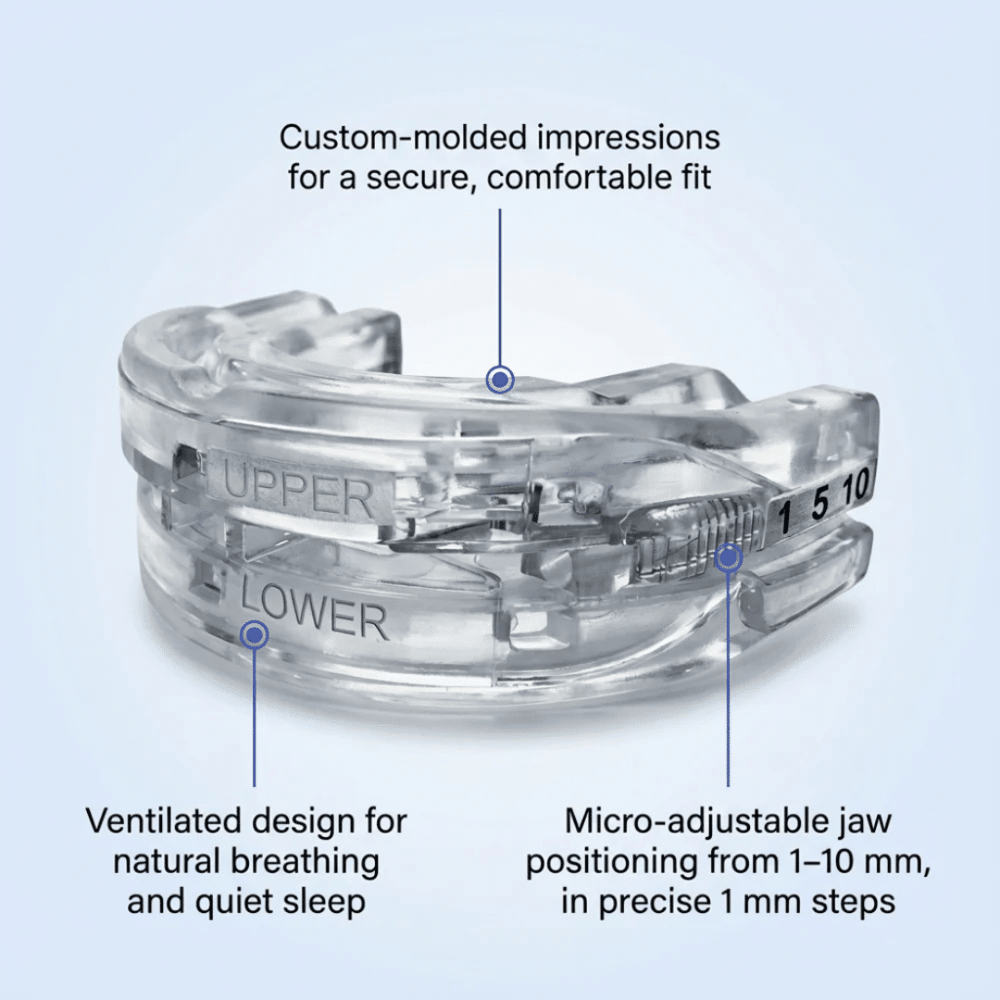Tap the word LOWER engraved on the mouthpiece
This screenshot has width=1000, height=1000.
tap(314, 609)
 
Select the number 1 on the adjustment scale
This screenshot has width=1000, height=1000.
tap(784, 516)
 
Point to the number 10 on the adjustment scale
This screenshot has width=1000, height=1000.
tap(855, 487)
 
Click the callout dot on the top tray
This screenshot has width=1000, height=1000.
tap(500, 380)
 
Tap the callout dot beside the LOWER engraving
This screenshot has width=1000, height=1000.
tap(254, 634)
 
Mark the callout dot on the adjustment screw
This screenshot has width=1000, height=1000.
tap(729, 558)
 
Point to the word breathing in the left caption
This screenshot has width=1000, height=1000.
tap(305, 862)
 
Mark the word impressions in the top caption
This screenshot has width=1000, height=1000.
tap(629, 139)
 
